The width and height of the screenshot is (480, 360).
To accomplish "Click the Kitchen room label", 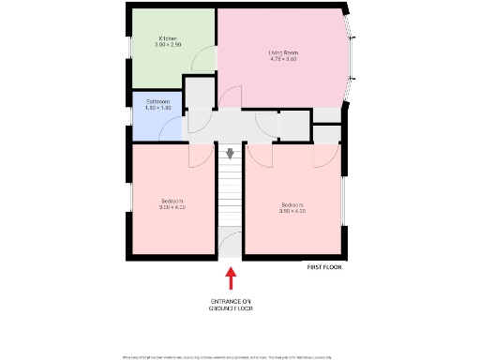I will click(169, 38).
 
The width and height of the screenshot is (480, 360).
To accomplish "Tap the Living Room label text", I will click(282, 52).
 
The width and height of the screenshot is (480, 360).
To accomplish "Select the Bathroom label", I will click(157, 100).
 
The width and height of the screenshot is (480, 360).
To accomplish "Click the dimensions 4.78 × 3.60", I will click(282, 59).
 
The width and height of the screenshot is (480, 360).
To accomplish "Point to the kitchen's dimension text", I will click(169, 45).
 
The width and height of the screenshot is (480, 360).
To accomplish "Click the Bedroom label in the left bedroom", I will click(172, 201).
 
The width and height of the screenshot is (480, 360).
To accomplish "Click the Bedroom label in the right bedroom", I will click(292, 204).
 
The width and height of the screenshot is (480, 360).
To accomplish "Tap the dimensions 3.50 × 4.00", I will click(292, 211).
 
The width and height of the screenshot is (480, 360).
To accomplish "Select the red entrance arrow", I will click(231, 278).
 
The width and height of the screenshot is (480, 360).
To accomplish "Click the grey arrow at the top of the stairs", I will click(231, 152).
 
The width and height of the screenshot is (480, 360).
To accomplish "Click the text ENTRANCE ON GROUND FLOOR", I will click(231, 305).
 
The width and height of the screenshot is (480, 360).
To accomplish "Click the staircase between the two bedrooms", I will click(231, 197).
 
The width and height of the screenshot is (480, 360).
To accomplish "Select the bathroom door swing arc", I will click(174, 131).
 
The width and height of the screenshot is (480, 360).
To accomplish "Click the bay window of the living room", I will click(352, 56).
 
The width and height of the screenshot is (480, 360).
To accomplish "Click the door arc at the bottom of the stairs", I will click(231, 246).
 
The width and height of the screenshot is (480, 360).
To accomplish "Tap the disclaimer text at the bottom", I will click(240, 356).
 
